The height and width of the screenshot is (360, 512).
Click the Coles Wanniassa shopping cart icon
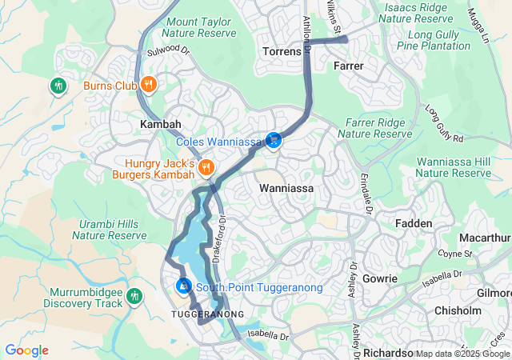(x=274, y=140)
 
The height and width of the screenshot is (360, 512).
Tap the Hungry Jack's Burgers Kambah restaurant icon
(x=206, y=167)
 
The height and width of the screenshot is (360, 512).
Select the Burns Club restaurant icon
(x=148, y=84)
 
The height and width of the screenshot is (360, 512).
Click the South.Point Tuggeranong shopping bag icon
(x=184, y=286)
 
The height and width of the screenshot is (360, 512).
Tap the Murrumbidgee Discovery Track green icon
(x=134, y=298)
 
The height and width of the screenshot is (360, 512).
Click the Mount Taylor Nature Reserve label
(x=199, y=27)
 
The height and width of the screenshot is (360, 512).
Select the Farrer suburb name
(x=349, y=65)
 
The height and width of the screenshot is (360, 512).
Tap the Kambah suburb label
(x=161, y=125)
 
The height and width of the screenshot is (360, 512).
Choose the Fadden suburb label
(x=414, y=223)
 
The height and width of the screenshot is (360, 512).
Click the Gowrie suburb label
(x=379, y=278)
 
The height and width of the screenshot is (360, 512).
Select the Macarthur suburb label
(x=485, y=238)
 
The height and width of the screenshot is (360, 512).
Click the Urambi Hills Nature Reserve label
(x=110, y=230)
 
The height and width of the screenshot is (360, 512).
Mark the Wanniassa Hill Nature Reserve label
(x=454, y=167)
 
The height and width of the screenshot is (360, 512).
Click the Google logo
(x=26, y=350)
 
